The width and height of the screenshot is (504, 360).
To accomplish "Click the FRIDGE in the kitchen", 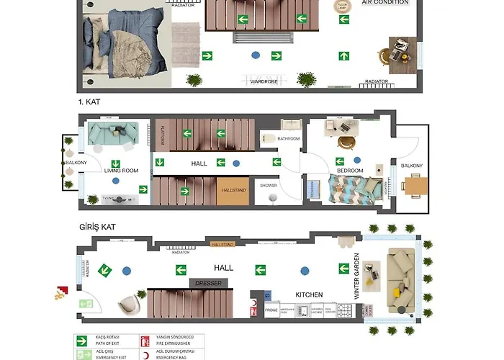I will click(x=271, y=310).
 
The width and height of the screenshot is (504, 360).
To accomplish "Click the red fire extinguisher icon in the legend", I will click(x=145, y=337).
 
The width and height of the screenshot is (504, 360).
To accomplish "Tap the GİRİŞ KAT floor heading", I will click(x=97, y=226).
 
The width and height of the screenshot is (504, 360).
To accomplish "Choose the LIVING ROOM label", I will click(x=120, y=171).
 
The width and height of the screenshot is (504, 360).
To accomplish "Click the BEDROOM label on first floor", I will click(x=350, y=171).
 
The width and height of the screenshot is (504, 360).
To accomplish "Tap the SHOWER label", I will click(x=269, y=186).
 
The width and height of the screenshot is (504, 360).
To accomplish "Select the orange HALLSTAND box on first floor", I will click(x=232, y=189).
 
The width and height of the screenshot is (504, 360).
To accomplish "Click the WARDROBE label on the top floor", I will click(x=264, y=81).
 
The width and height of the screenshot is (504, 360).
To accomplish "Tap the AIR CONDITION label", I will click(x=384, y=3).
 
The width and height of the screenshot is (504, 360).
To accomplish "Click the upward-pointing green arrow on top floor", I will click(x=344, y=55).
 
